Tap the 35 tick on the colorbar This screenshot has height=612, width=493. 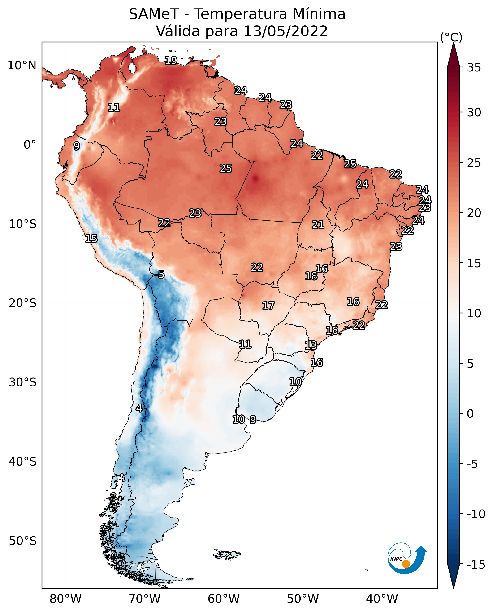[x=474, y=68]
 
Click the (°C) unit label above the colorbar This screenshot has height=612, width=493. [x=451, y=37]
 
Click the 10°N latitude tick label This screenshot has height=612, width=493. [x=22, y=66]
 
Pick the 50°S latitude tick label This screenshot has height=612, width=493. [x=22, y=541]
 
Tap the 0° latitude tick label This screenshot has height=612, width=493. [x=30, y=145]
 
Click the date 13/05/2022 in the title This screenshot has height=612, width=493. [x=285, y=31]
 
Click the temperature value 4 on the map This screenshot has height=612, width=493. [x=139, y=408]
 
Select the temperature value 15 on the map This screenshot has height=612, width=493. [x=91, y=239]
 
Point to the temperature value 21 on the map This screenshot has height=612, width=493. [x=318, y=225]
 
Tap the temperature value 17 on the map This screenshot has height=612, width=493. [x=268, y=306]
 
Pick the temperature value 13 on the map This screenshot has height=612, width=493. [x=311, y=345]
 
